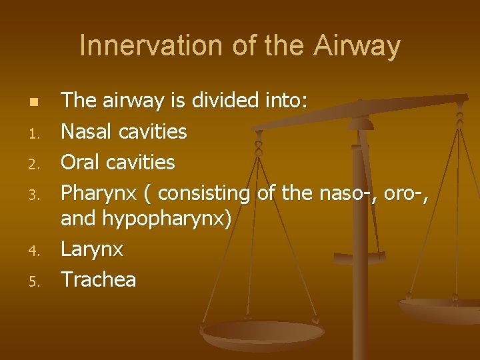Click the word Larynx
pyautogui.click(x=92, y=249)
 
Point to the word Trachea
pyautogui.click(x=99, y=279)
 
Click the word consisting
pyautogui.click(x=204, y=193)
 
